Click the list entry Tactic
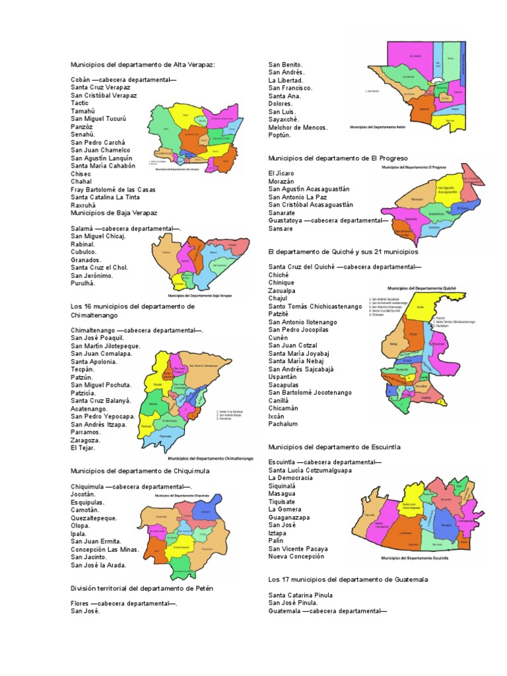(x=80, y=103)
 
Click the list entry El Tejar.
(x=83, y=448)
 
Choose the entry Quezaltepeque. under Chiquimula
(x=94, y=518)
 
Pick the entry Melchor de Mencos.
(x=298, y=127)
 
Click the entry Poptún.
(x=285, y=135)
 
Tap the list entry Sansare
(x=281, y=228)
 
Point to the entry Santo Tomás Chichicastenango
(x=315, y=306)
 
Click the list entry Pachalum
(x=283, y=424)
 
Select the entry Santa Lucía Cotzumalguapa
(x=310, y=471)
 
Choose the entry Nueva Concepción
(x=296, y=557)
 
